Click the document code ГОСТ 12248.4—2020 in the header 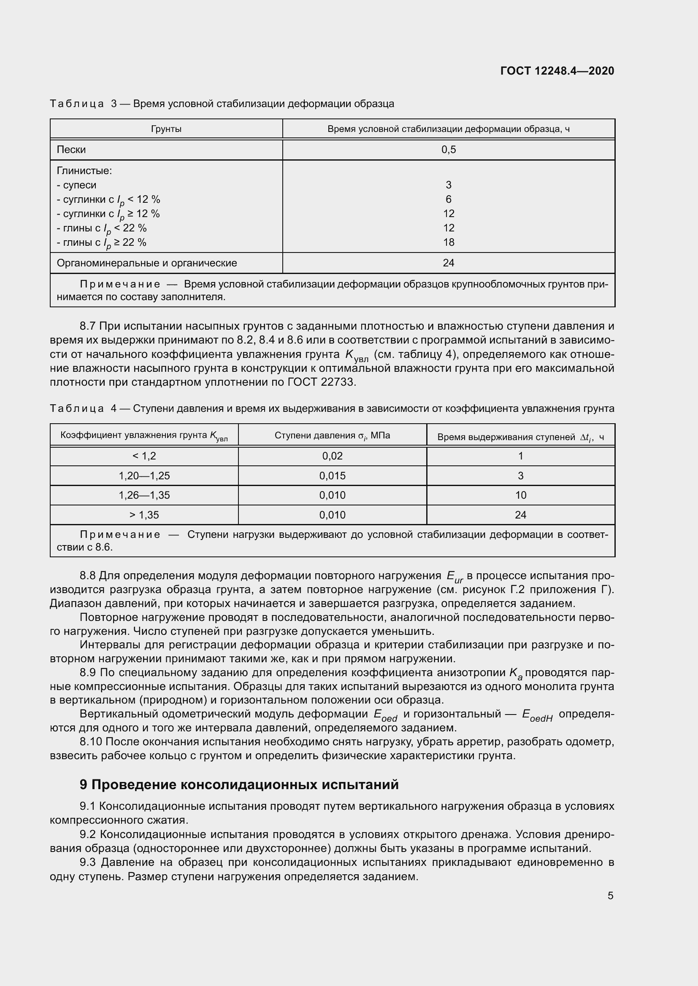557,71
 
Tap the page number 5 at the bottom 610,895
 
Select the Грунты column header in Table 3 166,129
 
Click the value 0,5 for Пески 448,150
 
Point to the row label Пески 71,150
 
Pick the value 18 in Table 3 448,242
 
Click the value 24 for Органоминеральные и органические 448,263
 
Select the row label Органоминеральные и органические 146,263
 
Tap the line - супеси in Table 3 76,185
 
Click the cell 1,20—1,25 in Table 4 144,476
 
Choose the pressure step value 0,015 332,476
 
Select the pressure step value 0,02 332,456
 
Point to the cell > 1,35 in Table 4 144,514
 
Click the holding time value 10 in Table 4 520,495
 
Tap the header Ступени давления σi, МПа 332,435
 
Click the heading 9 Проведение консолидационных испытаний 239,785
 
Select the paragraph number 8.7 89,326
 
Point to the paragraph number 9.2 89,834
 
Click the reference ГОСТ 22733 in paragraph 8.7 321,382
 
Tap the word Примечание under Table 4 120,535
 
